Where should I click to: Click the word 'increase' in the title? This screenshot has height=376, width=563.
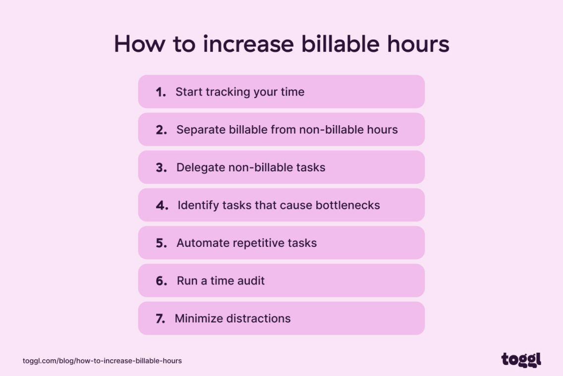click(x=249, y=44)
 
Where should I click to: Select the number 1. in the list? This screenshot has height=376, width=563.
click(x=161, y=92)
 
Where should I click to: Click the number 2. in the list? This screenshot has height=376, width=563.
click(x=161, y=130)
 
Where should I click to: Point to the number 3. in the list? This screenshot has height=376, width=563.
click(x=161, y=168)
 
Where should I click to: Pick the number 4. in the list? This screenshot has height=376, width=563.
click(x=162, y=205)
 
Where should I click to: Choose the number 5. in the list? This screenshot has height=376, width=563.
click(x=161, y=243)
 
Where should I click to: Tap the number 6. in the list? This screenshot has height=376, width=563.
click(x=162, y=281)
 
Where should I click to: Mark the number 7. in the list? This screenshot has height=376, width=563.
click(x=160, y=319)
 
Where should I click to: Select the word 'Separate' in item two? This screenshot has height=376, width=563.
click(x=200, y=130)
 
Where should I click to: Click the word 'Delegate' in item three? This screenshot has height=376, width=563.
click(x=201, y=168)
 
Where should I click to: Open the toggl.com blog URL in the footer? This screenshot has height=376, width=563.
click(x=102, y=361)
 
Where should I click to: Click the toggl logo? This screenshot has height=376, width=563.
click(x=521, y=360)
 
